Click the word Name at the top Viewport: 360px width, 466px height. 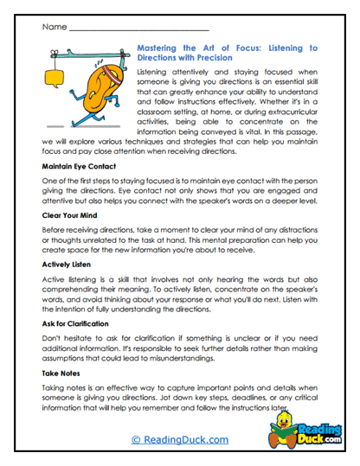53,27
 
